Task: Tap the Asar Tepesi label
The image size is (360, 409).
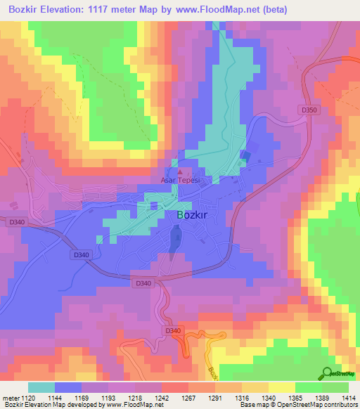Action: click(181, 181)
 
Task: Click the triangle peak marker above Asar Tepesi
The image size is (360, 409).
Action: click(180, 171)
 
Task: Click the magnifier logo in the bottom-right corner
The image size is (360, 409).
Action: click(327, 374)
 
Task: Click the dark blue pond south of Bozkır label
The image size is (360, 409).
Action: click(174, 243)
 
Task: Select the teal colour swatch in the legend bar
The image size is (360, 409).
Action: click(41, 387)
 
